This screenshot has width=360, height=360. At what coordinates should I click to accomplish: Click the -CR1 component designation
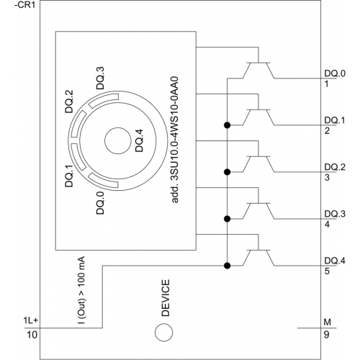[x=25, y=5]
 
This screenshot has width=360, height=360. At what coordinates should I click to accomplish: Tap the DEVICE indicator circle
[x=163, y=333]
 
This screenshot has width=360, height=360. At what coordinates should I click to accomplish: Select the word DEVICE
[x=166, y=298]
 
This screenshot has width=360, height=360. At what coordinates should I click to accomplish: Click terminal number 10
[x=32, y=335]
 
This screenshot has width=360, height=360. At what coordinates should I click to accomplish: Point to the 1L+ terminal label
[x=30, y=320]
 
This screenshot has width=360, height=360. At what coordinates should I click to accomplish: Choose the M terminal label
[x=328, y=322]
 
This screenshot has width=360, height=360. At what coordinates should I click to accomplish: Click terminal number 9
[x=326, y=335]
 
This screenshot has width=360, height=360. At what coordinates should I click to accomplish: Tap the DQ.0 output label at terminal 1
[x=335, y=73]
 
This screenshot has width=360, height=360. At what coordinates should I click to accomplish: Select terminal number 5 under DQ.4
[x=327, y=271]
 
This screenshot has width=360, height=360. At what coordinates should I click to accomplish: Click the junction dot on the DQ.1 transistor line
[x=227, y=125]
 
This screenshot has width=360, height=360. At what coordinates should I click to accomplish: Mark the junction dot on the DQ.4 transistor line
[x=227, y=266]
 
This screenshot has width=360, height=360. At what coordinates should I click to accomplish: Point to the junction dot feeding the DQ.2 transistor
[x=227, y=172]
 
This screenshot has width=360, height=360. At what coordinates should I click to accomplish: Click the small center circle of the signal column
[x=118, y=141]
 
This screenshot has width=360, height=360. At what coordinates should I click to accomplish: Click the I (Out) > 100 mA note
[x=81, y=290]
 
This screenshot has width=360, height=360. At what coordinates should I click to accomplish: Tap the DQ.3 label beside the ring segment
[x=100, y=78]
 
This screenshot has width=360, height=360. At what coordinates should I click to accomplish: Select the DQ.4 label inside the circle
[x=139, y=140]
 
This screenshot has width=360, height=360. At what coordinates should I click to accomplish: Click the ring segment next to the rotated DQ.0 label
[x=102, y=181]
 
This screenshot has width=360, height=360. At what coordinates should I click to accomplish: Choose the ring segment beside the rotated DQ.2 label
[x=78, y=124]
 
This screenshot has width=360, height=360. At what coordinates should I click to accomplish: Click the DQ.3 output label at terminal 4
[x=335, y=214]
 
